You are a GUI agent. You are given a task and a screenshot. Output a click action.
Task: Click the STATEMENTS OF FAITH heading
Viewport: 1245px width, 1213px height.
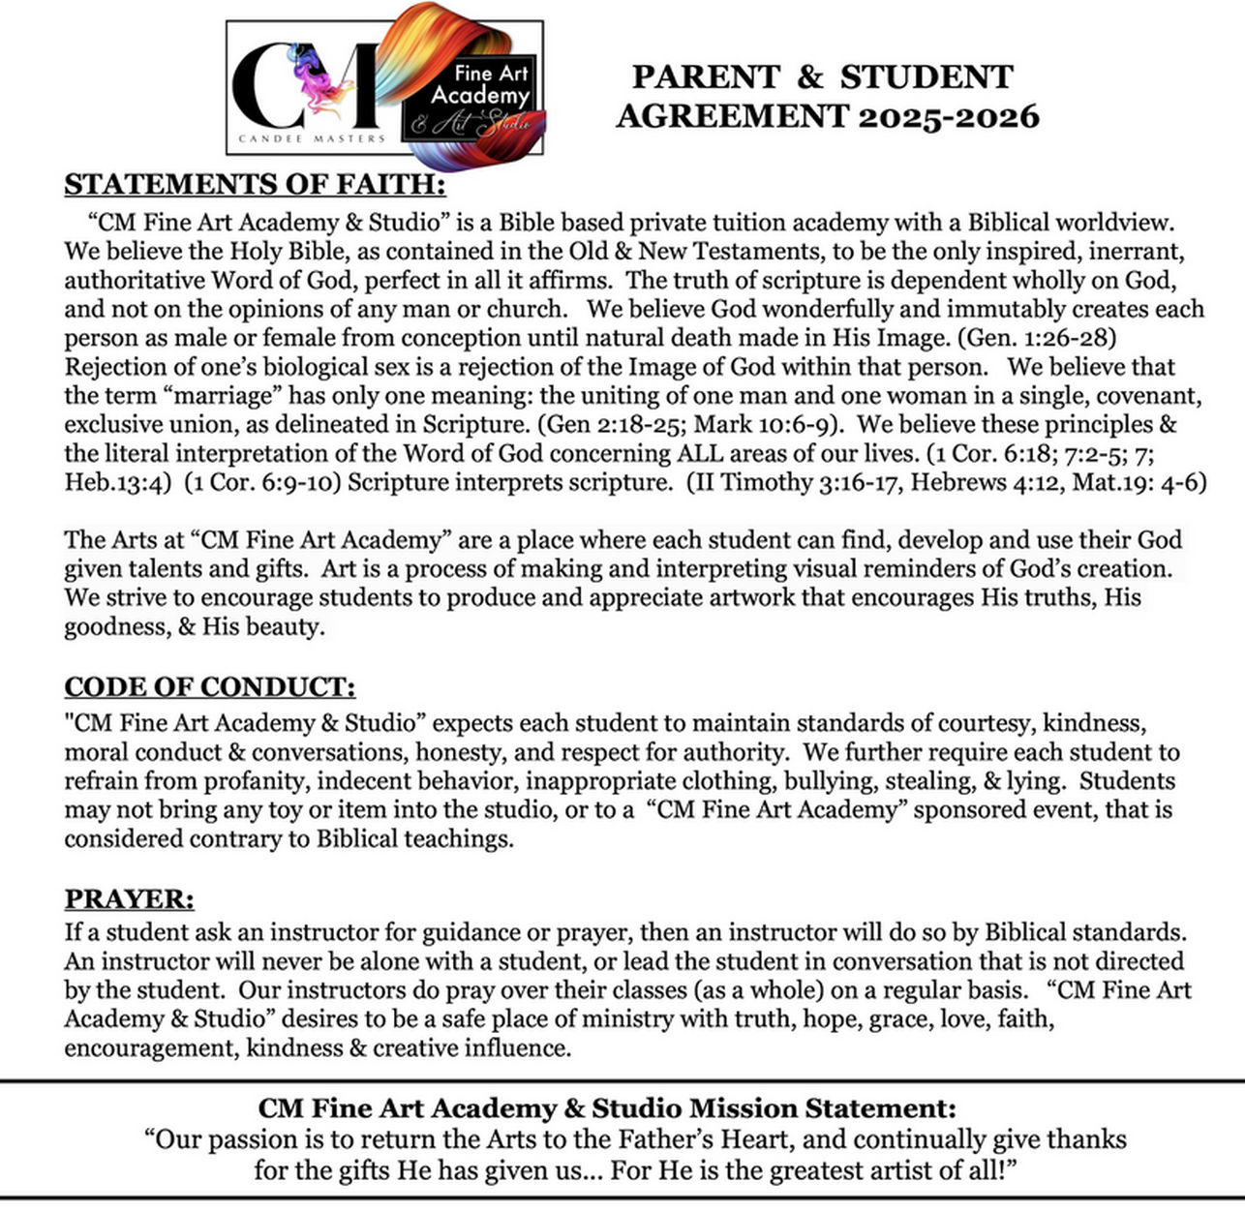(255, 184)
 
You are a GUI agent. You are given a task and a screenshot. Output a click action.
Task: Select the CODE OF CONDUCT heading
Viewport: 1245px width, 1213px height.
(209, 686)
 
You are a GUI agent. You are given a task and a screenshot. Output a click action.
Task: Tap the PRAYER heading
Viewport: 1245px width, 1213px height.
(129, 899)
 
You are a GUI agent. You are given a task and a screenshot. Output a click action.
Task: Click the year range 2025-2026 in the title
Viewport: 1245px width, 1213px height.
(948, 116)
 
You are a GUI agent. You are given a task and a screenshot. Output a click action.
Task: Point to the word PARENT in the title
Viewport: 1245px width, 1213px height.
(706, 77)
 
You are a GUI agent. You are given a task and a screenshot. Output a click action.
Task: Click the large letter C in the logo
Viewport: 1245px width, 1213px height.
(270, 87)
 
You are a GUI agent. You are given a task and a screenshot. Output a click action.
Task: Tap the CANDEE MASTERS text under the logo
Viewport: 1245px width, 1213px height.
(311, 138)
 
